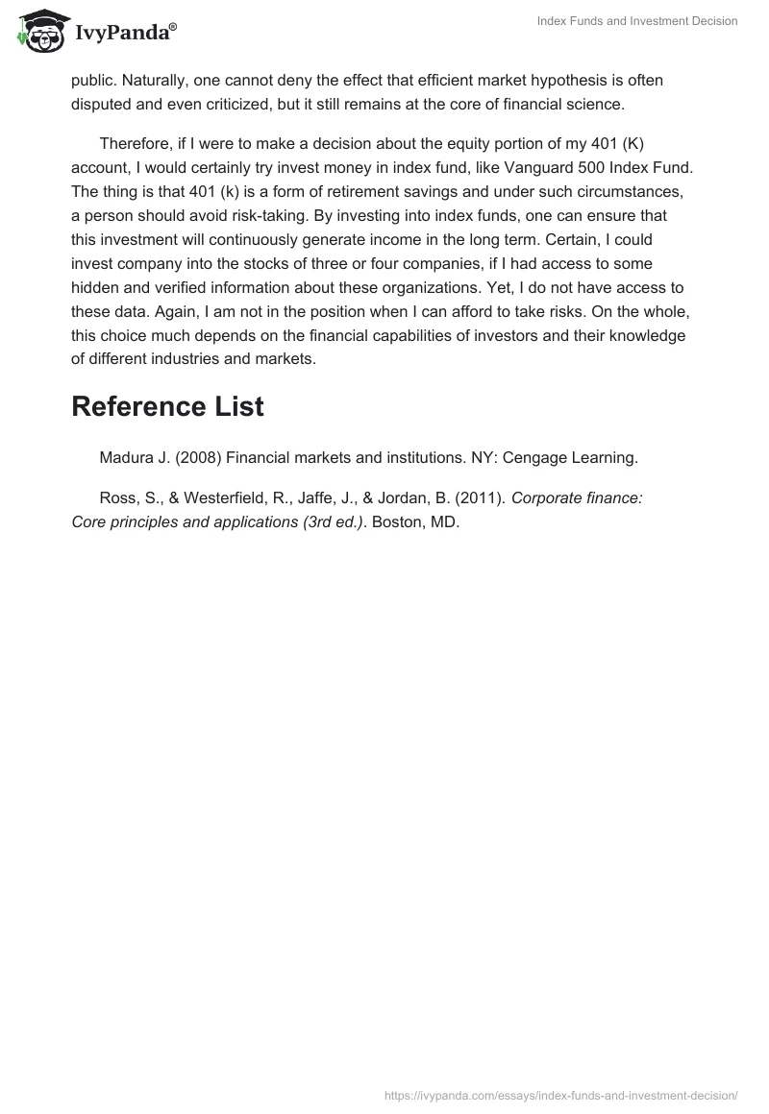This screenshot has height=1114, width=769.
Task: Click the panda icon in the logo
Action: pyautogui.click(x=37, y=32)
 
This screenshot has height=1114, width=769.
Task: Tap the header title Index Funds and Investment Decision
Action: pyautogui.click(x=637, y=21)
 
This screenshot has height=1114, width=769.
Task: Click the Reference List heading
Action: pyautogui.click(x=167, y=406)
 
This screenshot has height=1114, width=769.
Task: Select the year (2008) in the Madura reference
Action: pyautogui.click(x=198, y=458)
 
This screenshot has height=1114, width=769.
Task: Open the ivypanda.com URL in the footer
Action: pyautogui.click(x=560, y=1094)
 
